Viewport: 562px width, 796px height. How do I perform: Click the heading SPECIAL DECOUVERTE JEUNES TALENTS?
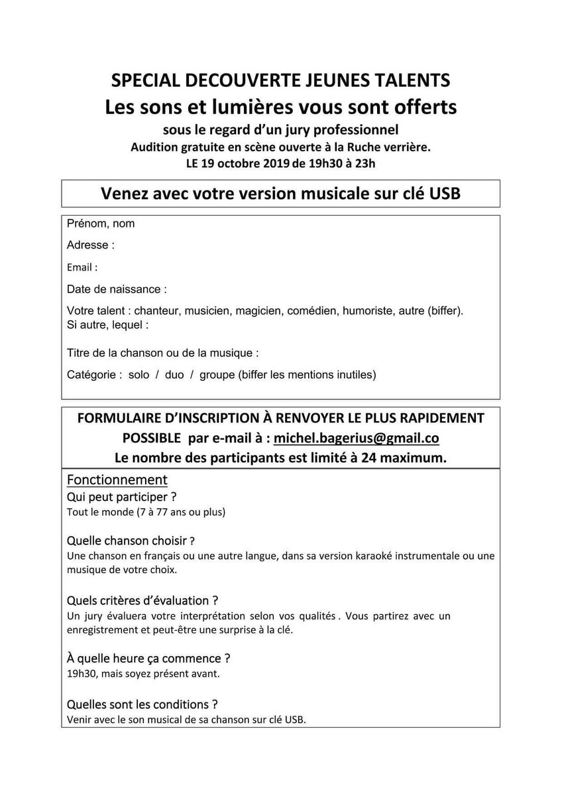(x=281, y=81)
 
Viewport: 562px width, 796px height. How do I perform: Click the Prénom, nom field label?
(x=101, y=224)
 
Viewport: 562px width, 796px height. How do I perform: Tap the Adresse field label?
(x=91, y=245)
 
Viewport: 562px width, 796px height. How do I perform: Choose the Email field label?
(x=82, y=268)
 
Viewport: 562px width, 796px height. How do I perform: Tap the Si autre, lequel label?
(x=107, y=325)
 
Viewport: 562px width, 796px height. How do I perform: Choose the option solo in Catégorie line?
(x=139, y=375)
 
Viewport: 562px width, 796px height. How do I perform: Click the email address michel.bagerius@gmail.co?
(x=357, y=439)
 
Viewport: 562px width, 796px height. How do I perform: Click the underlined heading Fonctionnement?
(x=117, y=479)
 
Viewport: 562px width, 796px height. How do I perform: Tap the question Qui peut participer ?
(x=123, y=496)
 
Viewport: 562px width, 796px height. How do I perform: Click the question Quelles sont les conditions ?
(x=142, y=704)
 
